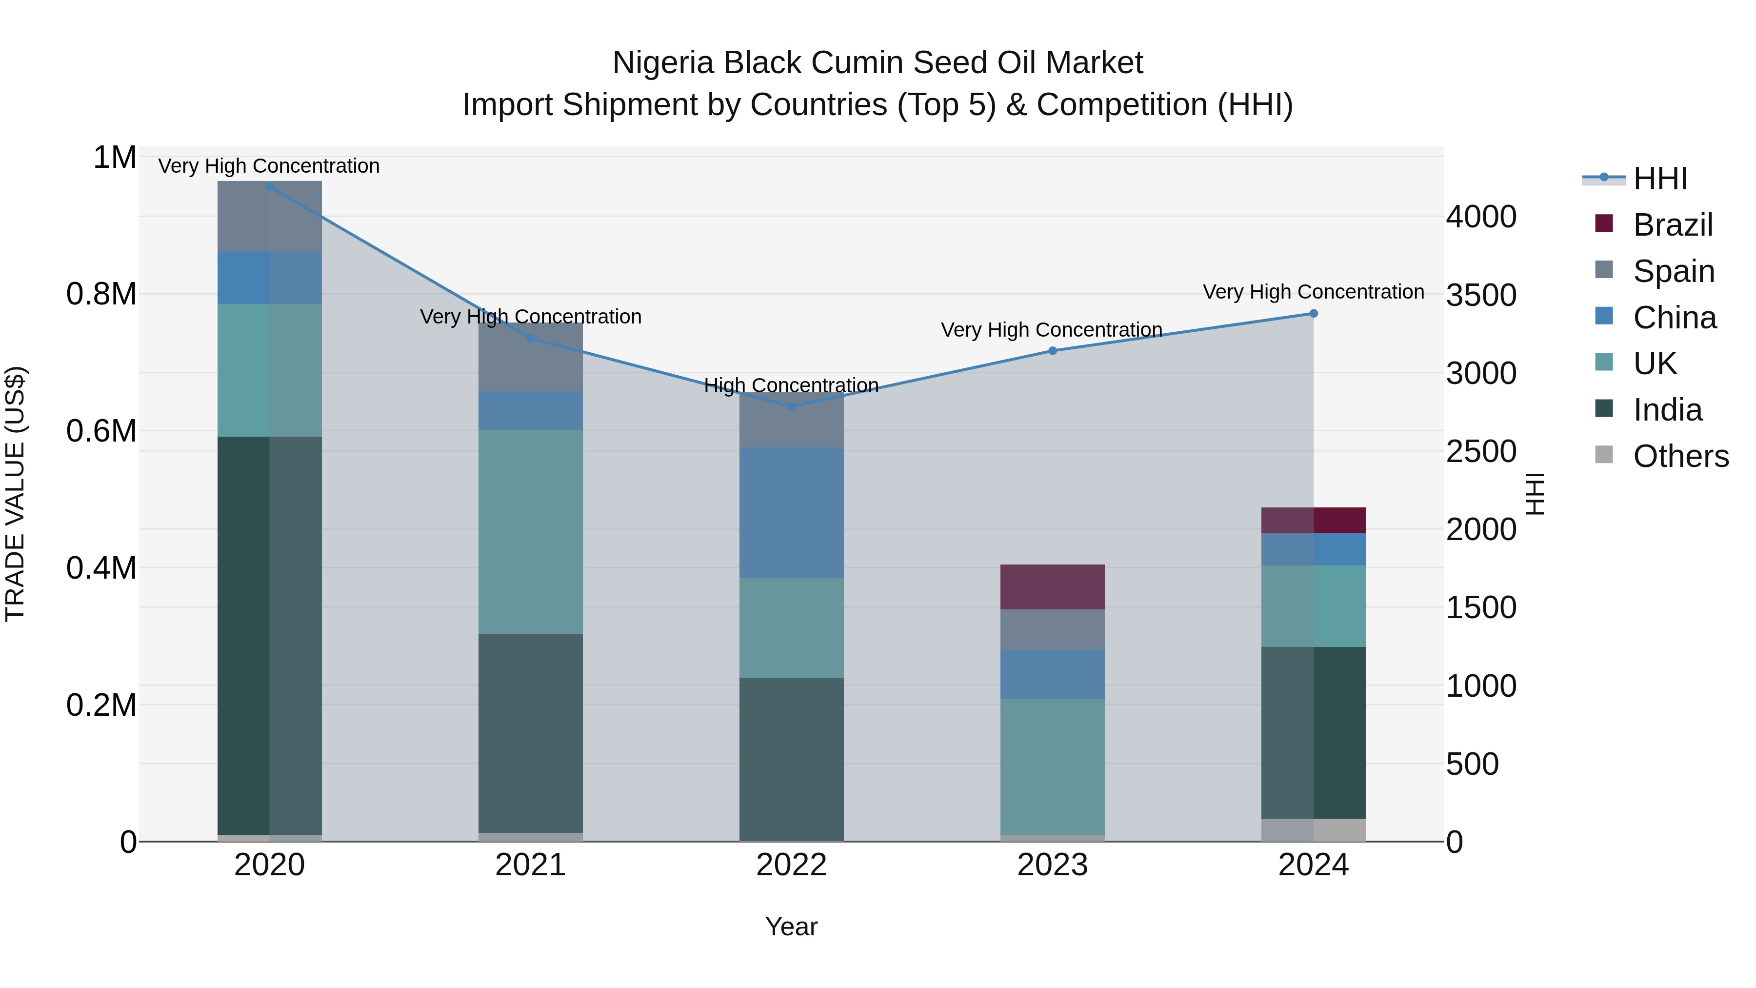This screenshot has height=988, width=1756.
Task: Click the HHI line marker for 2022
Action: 792,406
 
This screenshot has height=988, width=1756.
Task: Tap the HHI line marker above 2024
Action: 1314,314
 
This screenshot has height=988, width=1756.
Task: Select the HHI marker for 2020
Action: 269,186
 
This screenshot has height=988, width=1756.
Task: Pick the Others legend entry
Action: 1680,456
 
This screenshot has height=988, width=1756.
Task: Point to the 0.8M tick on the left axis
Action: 101,295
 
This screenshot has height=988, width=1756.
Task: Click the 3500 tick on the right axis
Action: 1481,295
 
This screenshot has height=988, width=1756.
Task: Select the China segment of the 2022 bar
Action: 792,513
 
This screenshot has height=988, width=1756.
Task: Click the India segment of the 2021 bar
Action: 530,733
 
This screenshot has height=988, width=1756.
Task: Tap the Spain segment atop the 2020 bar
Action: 269,216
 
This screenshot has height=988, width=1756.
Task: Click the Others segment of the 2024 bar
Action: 1314,830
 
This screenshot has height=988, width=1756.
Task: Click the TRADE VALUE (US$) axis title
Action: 15,494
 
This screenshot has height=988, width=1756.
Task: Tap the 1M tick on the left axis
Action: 115,158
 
